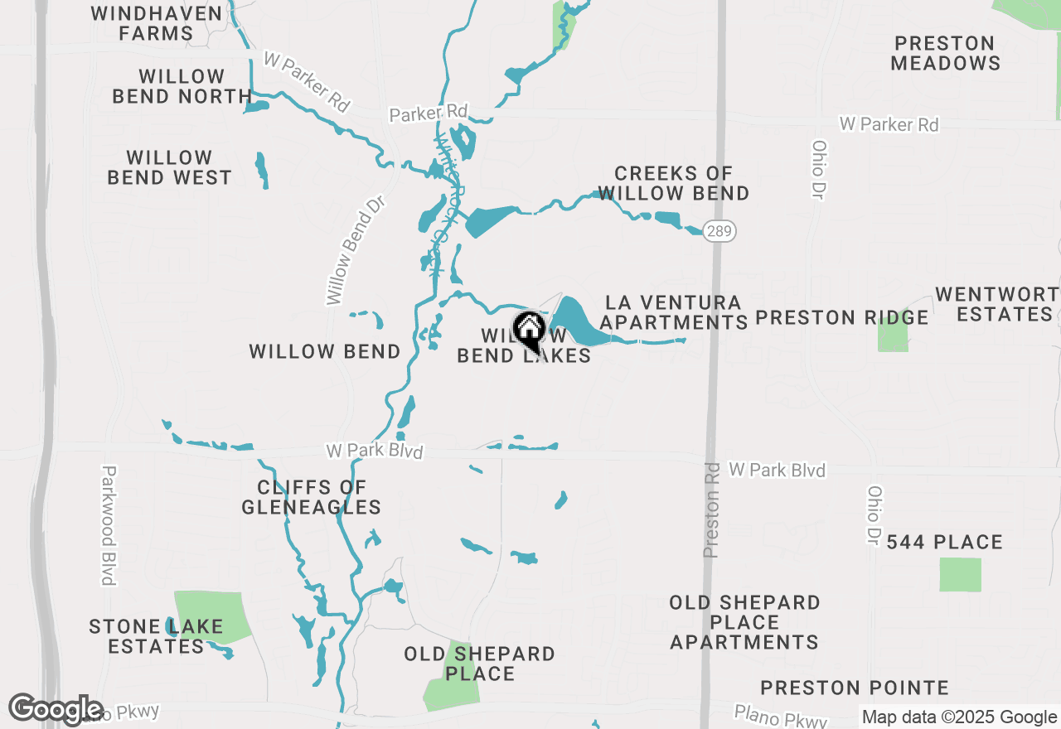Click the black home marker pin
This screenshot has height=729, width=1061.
pyautogui.click(x=529, y=331)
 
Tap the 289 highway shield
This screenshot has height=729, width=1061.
pyautogui.click(x=719, y=231)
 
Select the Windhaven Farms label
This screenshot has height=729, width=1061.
pyautogui.click(x=157, y=24)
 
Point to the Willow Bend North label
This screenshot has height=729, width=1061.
pyautogui.click(x=182, y=86)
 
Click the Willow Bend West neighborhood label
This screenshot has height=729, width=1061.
pyautogui.click(x=170, y=167)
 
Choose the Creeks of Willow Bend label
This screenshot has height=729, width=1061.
pyautogui.click(x=673, y=183)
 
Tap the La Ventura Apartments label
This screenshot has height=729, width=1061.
pyautogui.click(x=674, y=312)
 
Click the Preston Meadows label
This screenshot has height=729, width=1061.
pyautogui.click(x=945, y=53)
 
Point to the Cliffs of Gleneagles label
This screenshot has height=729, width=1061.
pyautogui.click(x=312, y=497)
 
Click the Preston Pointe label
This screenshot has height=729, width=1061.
pyautogui.click(x=855, y=688)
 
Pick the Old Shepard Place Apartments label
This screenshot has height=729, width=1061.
pyautogui.click(x=744, y=622)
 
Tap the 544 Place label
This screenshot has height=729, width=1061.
pyautogui.click(x=945, y=543)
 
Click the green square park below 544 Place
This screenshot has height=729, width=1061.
pyautogui.click(x=960, y=575)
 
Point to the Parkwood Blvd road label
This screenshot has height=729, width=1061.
pyautogui.click(x=108, y=525)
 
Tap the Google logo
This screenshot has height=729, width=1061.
pyautogui.click(x=56, y=709)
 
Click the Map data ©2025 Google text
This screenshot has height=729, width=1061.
pyautogui.click(x=959, y=717)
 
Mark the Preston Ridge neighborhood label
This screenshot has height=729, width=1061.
pyautogui.click(x=842, y=318)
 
